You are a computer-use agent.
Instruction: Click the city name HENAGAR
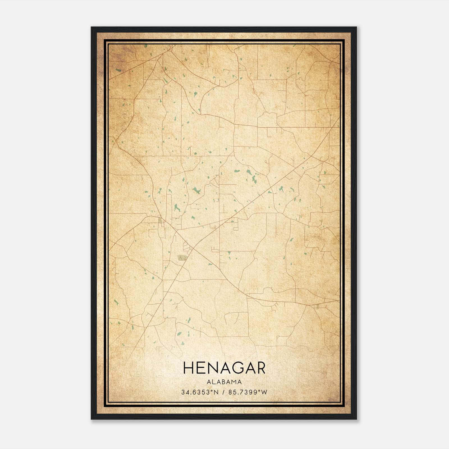[224, 368]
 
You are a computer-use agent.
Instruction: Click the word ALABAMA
[224, 382]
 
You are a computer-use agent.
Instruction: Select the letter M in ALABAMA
[234, 382]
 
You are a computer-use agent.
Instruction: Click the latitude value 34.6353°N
[200, 392]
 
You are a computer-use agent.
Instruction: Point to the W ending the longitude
[265, 392]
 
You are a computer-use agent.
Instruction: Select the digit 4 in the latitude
[187, 392]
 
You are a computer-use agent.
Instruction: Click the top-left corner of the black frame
[91, 27]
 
